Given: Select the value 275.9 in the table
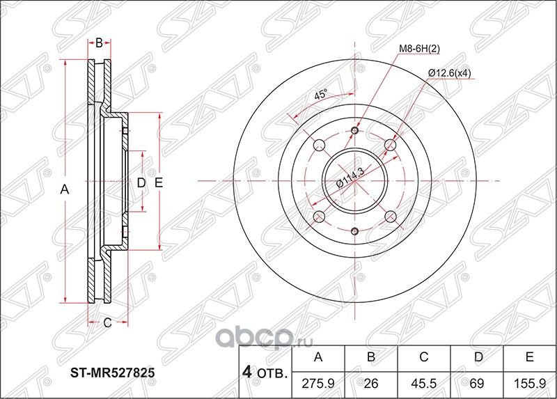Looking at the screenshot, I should click(x=320, y=384).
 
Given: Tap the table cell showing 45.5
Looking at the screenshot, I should click(x=424, y=384).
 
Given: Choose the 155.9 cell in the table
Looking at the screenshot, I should click(x=528, y=384).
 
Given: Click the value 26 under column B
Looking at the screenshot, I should click(x=372, y=384).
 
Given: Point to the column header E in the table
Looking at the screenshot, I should click(x=528, y=359).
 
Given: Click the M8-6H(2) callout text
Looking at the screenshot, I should click(x=419, y=48).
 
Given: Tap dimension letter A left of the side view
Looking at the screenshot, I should click(x=65, y=189).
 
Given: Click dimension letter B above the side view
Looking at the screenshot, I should click(x=99, y=43).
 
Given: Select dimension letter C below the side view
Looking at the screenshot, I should click(x=107, y=322).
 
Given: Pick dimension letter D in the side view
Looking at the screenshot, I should click(x=140, y=183).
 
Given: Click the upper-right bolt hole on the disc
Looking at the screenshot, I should click(x=390, y=145).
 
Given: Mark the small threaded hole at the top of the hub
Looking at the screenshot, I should click(x=355, y=131).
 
